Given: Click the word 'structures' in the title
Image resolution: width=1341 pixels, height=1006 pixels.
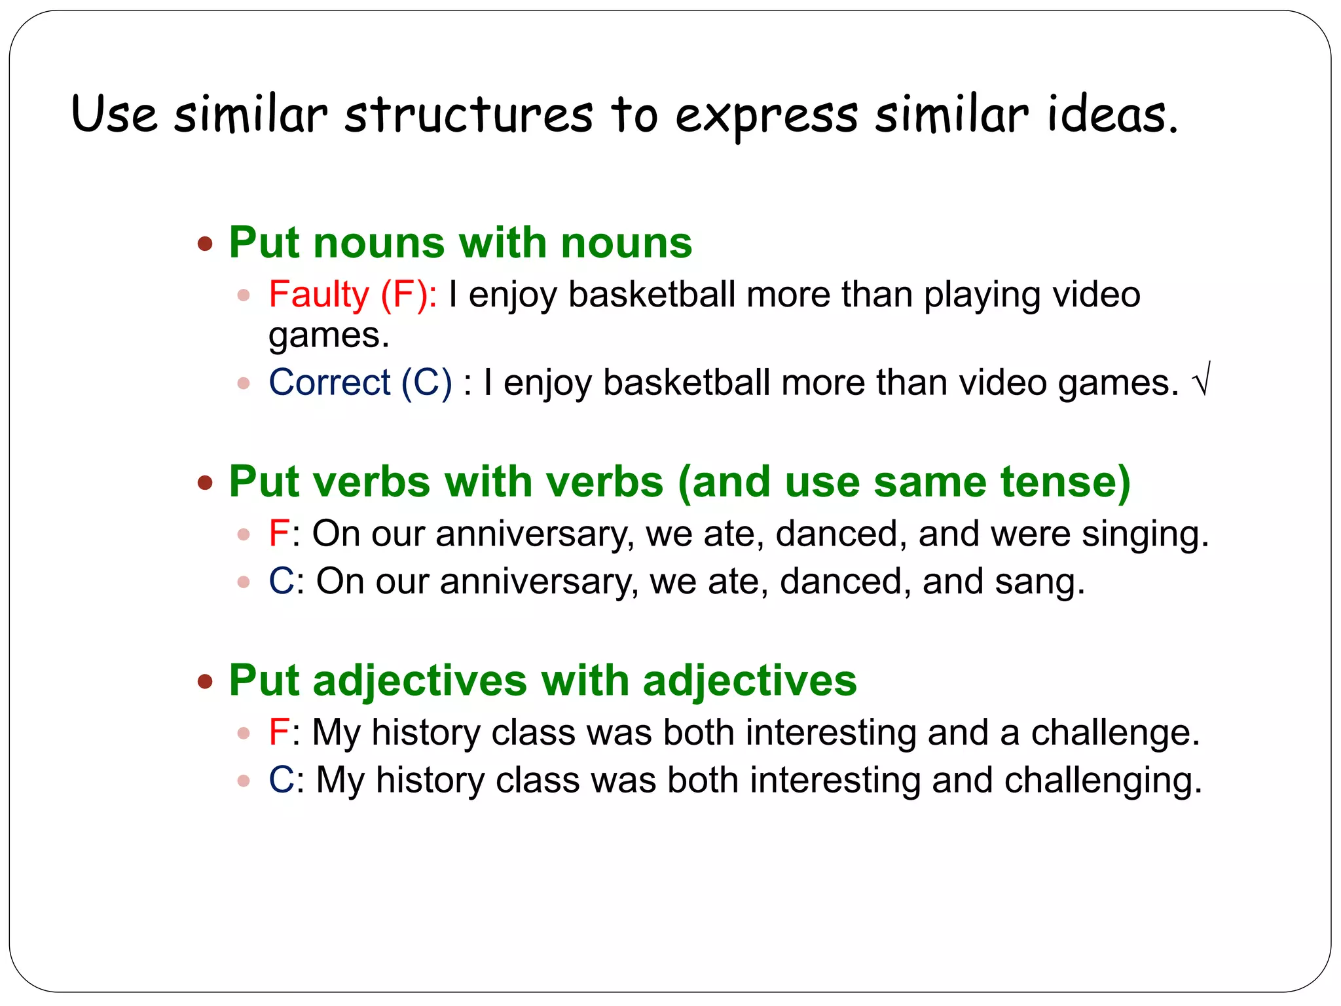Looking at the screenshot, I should pos(469,115).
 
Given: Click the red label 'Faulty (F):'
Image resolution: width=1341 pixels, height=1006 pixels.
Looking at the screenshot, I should pos(353,294).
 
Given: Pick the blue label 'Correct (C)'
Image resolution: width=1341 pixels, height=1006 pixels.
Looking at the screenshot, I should pos(360,382).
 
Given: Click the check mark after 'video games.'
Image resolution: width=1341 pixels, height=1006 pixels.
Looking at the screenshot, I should pos(1202,380).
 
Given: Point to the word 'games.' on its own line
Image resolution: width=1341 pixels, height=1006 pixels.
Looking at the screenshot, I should pos(329,336).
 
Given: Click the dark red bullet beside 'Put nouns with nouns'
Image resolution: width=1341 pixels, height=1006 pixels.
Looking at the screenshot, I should pos(206,244).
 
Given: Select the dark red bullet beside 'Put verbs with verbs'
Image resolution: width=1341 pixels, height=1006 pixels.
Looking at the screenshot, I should pos(206,483).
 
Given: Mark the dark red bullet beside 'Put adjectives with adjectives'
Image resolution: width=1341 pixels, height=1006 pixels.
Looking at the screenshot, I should pos(206,682).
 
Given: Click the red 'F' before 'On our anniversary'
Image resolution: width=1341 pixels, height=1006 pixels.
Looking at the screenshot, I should pos(278,534).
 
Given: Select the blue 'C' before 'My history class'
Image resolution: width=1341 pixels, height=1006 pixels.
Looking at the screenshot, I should pos(282,781).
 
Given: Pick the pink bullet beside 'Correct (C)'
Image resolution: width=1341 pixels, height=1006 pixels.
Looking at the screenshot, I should pos(244,383).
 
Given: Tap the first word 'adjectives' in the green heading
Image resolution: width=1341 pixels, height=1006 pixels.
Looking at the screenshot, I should pos(420,681).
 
